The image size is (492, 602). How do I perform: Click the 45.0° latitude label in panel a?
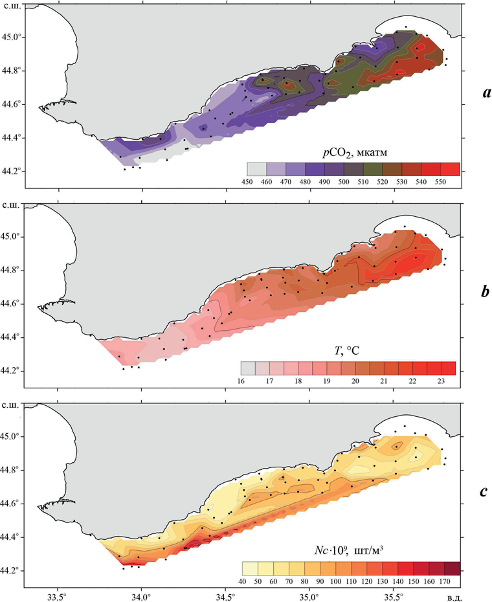[12, 37]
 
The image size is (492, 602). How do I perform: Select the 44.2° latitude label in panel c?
[12, 570]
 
